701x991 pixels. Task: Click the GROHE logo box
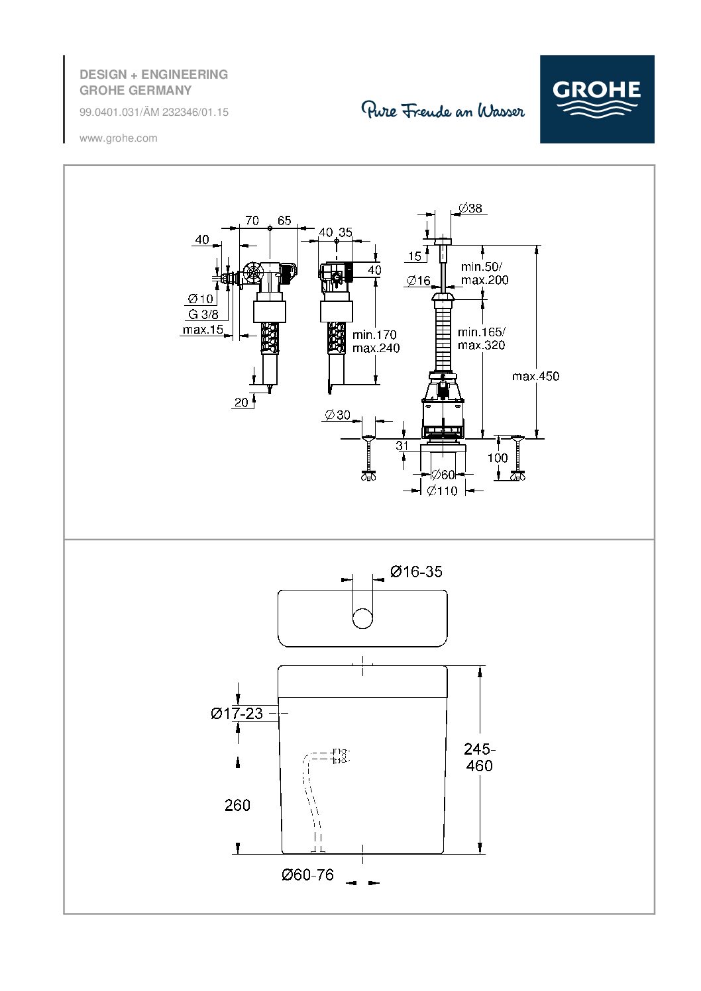pyautogui.click(x=596, y=99)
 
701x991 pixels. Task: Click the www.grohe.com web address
pyautogui.click(x=118, y=138)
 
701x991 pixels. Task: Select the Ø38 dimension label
pyautogui.click(x=470, y=209)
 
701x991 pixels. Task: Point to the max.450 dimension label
pyautogui.click(x=535, y=376)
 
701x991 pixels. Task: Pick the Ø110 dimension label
pyautogui.click(x=442, y=491)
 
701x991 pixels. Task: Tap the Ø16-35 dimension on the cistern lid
pyautogui.click(x=416, y=571)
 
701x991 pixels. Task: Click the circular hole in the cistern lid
pyautogui.click(x=362, y=618)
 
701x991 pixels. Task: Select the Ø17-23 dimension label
pyautogui.click(x=237, y=713)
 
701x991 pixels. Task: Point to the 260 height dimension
pyautogui.click(x=237, y=805)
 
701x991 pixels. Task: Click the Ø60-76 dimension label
pyautogui.click(x=307, y=874)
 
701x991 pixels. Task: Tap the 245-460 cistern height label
pyautogui.click(x=478, y=757)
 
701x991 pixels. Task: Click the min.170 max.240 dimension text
pyautogui.click(x=376, y=342)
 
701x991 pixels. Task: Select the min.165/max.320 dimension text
pyautogui.click(x=481, y=338)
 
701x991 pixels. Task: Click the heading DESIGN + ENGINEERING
pyautogui.click(x=154, y=75)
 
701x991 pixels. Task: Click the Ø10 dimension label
pyautogui.click(x=201, y=299)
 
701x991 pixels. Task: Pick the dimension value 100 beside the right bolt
pyautogui.click(x=498, y=458)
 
